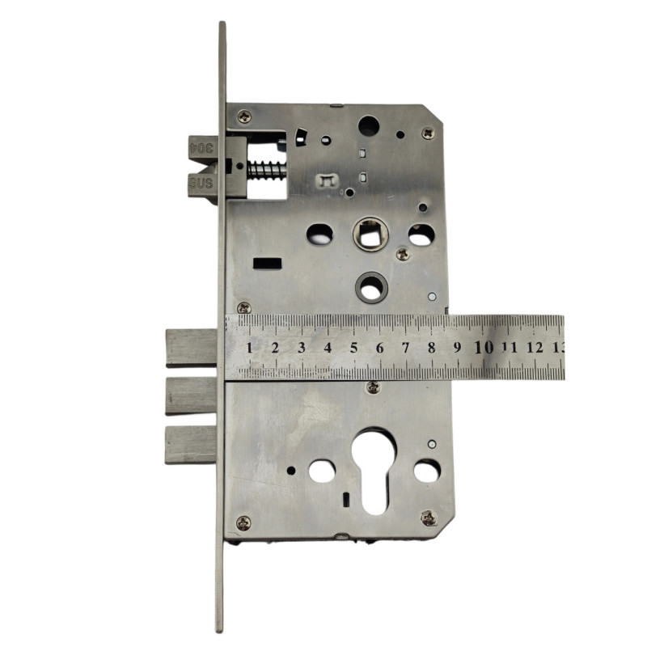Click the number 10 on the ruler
[484, 348]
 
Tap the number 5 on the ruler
[353, 348]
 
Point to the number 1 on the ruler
[249, 348]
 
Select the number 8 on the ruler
[432, 348]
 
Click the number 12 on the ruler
[535, 348]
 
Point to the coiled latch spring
[267, 170]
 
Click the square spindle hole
[370, 235]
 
